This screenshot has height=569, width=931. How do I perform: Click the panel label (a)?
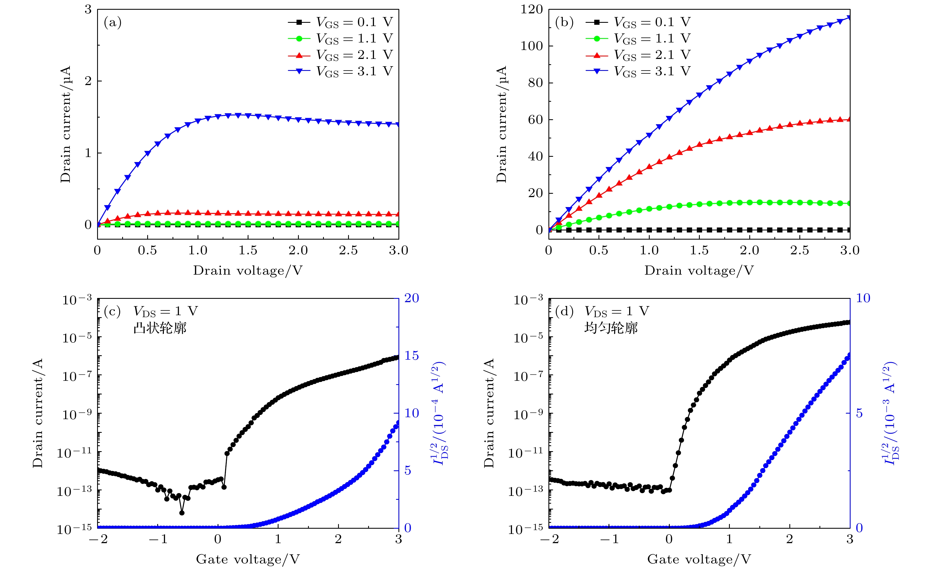click(113, 23)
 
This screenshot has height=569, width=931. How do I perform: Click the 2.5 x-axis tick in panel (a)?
click(348, 250)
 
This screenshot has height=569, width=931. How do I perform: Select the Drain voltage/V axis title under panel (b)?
click(699, 270)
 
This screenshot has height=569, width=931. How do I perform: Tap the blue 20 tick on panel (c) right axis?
click(412, 298)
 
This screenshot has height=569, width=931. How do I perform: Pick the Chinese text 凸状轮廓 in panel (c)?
click(160, 328)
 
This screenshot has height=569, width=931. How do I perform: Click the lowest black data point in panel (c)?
click(182, 513)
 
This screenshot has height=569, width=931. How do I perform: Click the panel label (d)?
click(564, 312)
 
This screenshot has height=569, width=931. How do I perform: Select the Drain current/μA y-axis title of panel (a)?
click(66, 125)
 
